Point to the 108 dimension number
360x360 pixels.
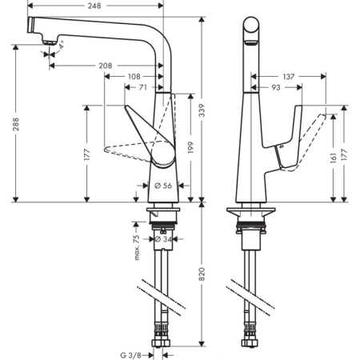click(x=134, y=78)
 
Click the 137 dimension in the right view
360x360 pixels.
click(x=289, y=77)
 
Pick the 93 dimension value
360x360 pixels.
click(x=275, y=87)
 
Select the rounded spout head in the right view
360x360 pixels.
click(x=251, y=28)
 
